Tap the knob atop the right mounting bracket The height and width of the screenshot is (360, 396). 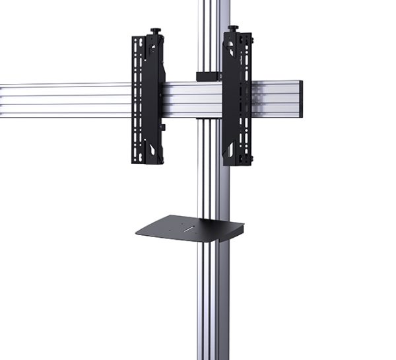233,29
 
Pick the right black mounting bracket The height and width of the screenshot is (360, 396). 236,99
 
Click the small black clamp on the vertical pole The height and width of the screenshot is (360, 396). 207,76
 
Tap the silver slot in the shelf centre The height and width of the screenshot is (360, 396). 189,230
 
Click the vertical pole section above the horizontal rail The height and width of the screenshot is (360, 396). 211,33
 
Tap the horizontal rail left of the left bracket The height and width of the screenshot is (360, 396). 66,99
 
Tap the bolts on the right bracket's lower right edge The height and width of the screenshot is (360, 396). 251,159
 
